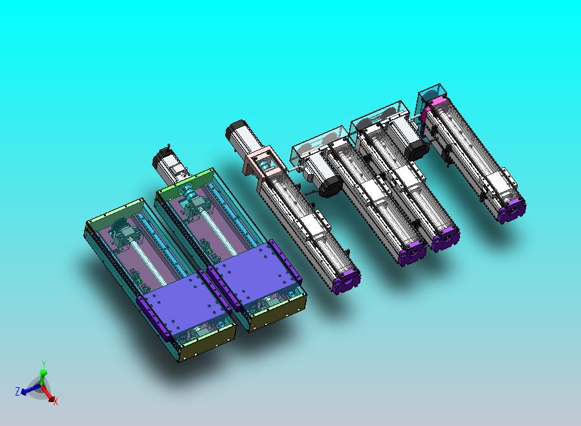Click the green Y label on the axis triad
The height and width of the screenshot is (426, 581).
tap(43, 363)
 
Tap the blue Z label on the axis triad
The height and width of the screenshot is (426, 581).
tap(17, 391)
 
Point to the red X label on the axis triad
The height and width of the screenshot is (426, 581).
tap(56, 401)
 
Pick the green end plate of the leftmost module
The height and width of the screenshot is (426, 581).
tap(115, 211)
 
